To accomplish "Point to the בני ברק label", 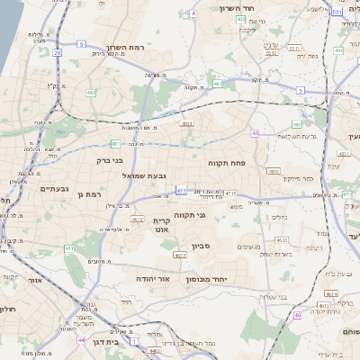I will tap(108, 161).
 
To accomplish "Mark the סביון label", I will tap(201, 244).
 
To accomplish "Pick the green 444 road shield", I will tap(338, 50).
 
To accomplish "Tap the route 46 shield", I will tap(297, 316).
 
